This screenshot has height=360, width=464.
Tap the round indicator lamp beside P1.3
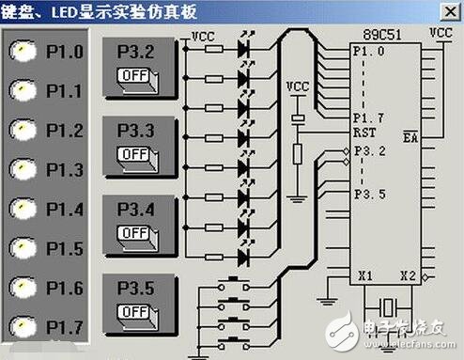click(19, 170)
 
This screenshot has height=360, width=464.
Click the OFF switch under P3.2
click(135, 75)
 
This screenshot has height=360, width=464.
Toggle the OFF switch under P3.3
click(135, 152)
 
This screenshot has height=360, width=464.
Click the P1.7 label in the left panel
click(63, 327)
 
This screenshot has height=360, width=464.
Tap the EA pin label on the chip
click(410, 137)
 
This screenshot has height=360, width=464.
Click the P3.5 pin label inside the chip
click(368, 194)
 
